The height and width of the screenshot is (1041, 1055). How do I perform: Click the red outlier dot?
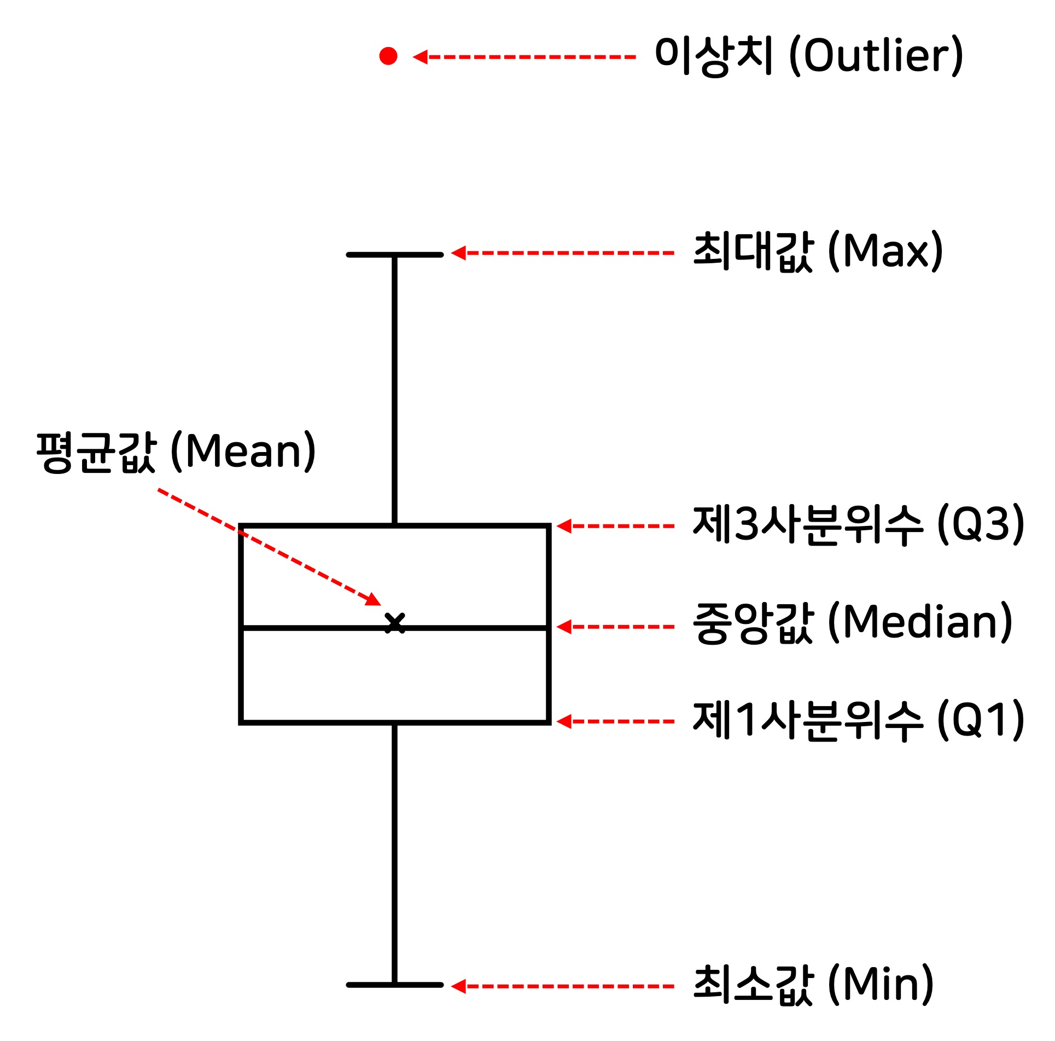(388, 56)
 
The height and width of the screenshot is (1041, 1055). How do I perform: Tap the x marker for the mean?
(394, 623)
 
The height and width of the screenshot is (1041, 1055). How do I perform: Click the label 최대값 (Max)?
(818, 252)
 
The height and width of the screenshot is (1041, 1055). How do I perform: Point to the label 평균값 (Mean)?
(176, 452)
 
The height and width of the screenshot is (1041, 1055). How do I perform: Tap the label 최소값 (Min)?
(813, 985)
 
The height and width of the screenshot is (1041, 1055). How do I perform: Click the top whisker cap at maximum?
(394, 255)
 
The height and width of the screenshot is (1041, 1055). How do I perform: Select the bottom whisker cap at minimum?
(394, 985)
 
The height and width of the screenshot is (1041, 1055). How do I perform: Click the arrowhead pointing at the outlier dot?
(420, 57)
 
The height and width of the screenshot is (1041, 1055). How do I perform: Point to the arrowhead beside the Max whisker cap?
(458, 253)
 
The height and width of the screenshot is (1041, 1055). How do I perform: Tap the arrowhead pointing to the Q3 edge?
(564, 526)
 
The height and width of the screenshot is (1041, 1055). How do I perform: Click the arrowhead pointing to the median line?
(564, 627)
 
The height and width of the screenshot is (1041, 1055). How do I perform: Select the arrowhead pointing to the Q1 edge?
(564, 721)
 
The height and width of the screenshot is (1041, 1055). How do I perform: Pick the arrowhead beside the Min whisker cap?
(458, 986)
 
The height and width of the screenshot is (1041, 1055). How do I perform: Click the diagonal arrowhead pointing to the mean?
(374, 599)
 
